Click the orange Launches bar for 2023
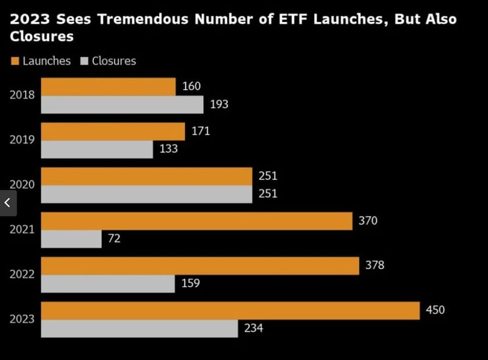click(x=230, y=311)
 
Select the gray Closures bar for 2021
click(x=71, y=239)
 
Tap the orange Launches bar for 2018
click(x=108, y=87)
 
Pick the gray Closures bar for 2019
click(x=97, y=149)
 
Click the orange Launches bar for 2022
click(x=199, y=265)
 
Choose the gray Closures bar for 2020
click(x=146, y=194)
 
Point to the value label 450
click(x=436, y=310)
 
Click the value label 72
click(x=114, y=239)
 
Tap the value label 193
click(x=219, y=104)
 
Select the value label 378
click(x=375, y=265)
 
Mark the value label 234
click(x=253, y=328)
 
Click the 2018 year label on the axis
click(x=22, y=95)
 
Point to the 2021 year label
click(x=22, y=229)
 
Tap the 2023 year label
click(x=22, y=319)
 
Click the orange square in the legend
click(x=15, y=61)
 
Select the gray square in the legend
click(x=85, y=61)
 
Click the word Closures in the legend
click(x=114, y=61)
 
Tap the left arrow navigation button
click(x=7, y=203)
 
